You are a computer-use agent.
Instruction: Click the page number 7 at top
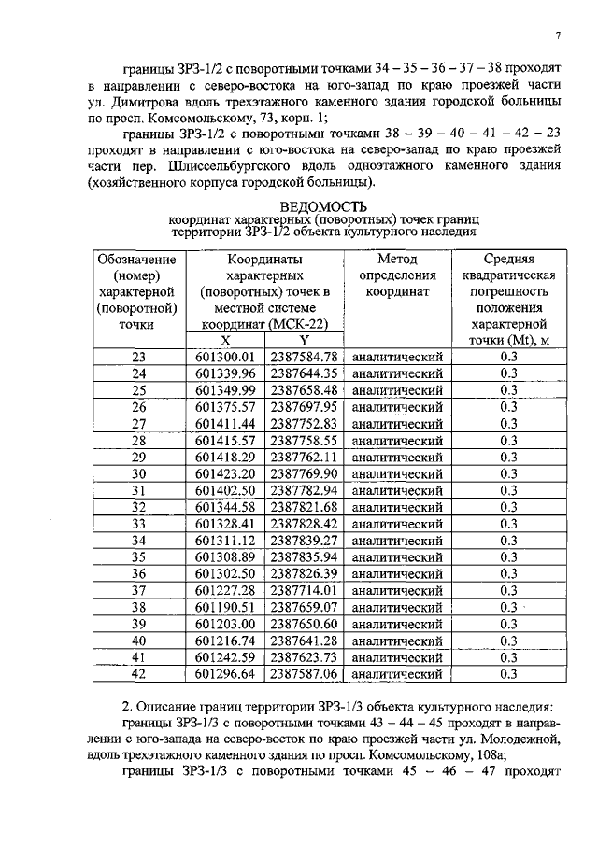556,35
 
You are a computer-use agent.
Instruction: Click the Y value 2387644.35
303,373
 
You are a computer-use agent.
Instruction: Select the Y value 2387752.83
303,424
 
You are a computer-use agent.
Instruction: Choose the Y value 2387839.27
303,541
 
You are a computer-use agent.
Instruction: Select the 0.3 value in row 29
508,458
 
